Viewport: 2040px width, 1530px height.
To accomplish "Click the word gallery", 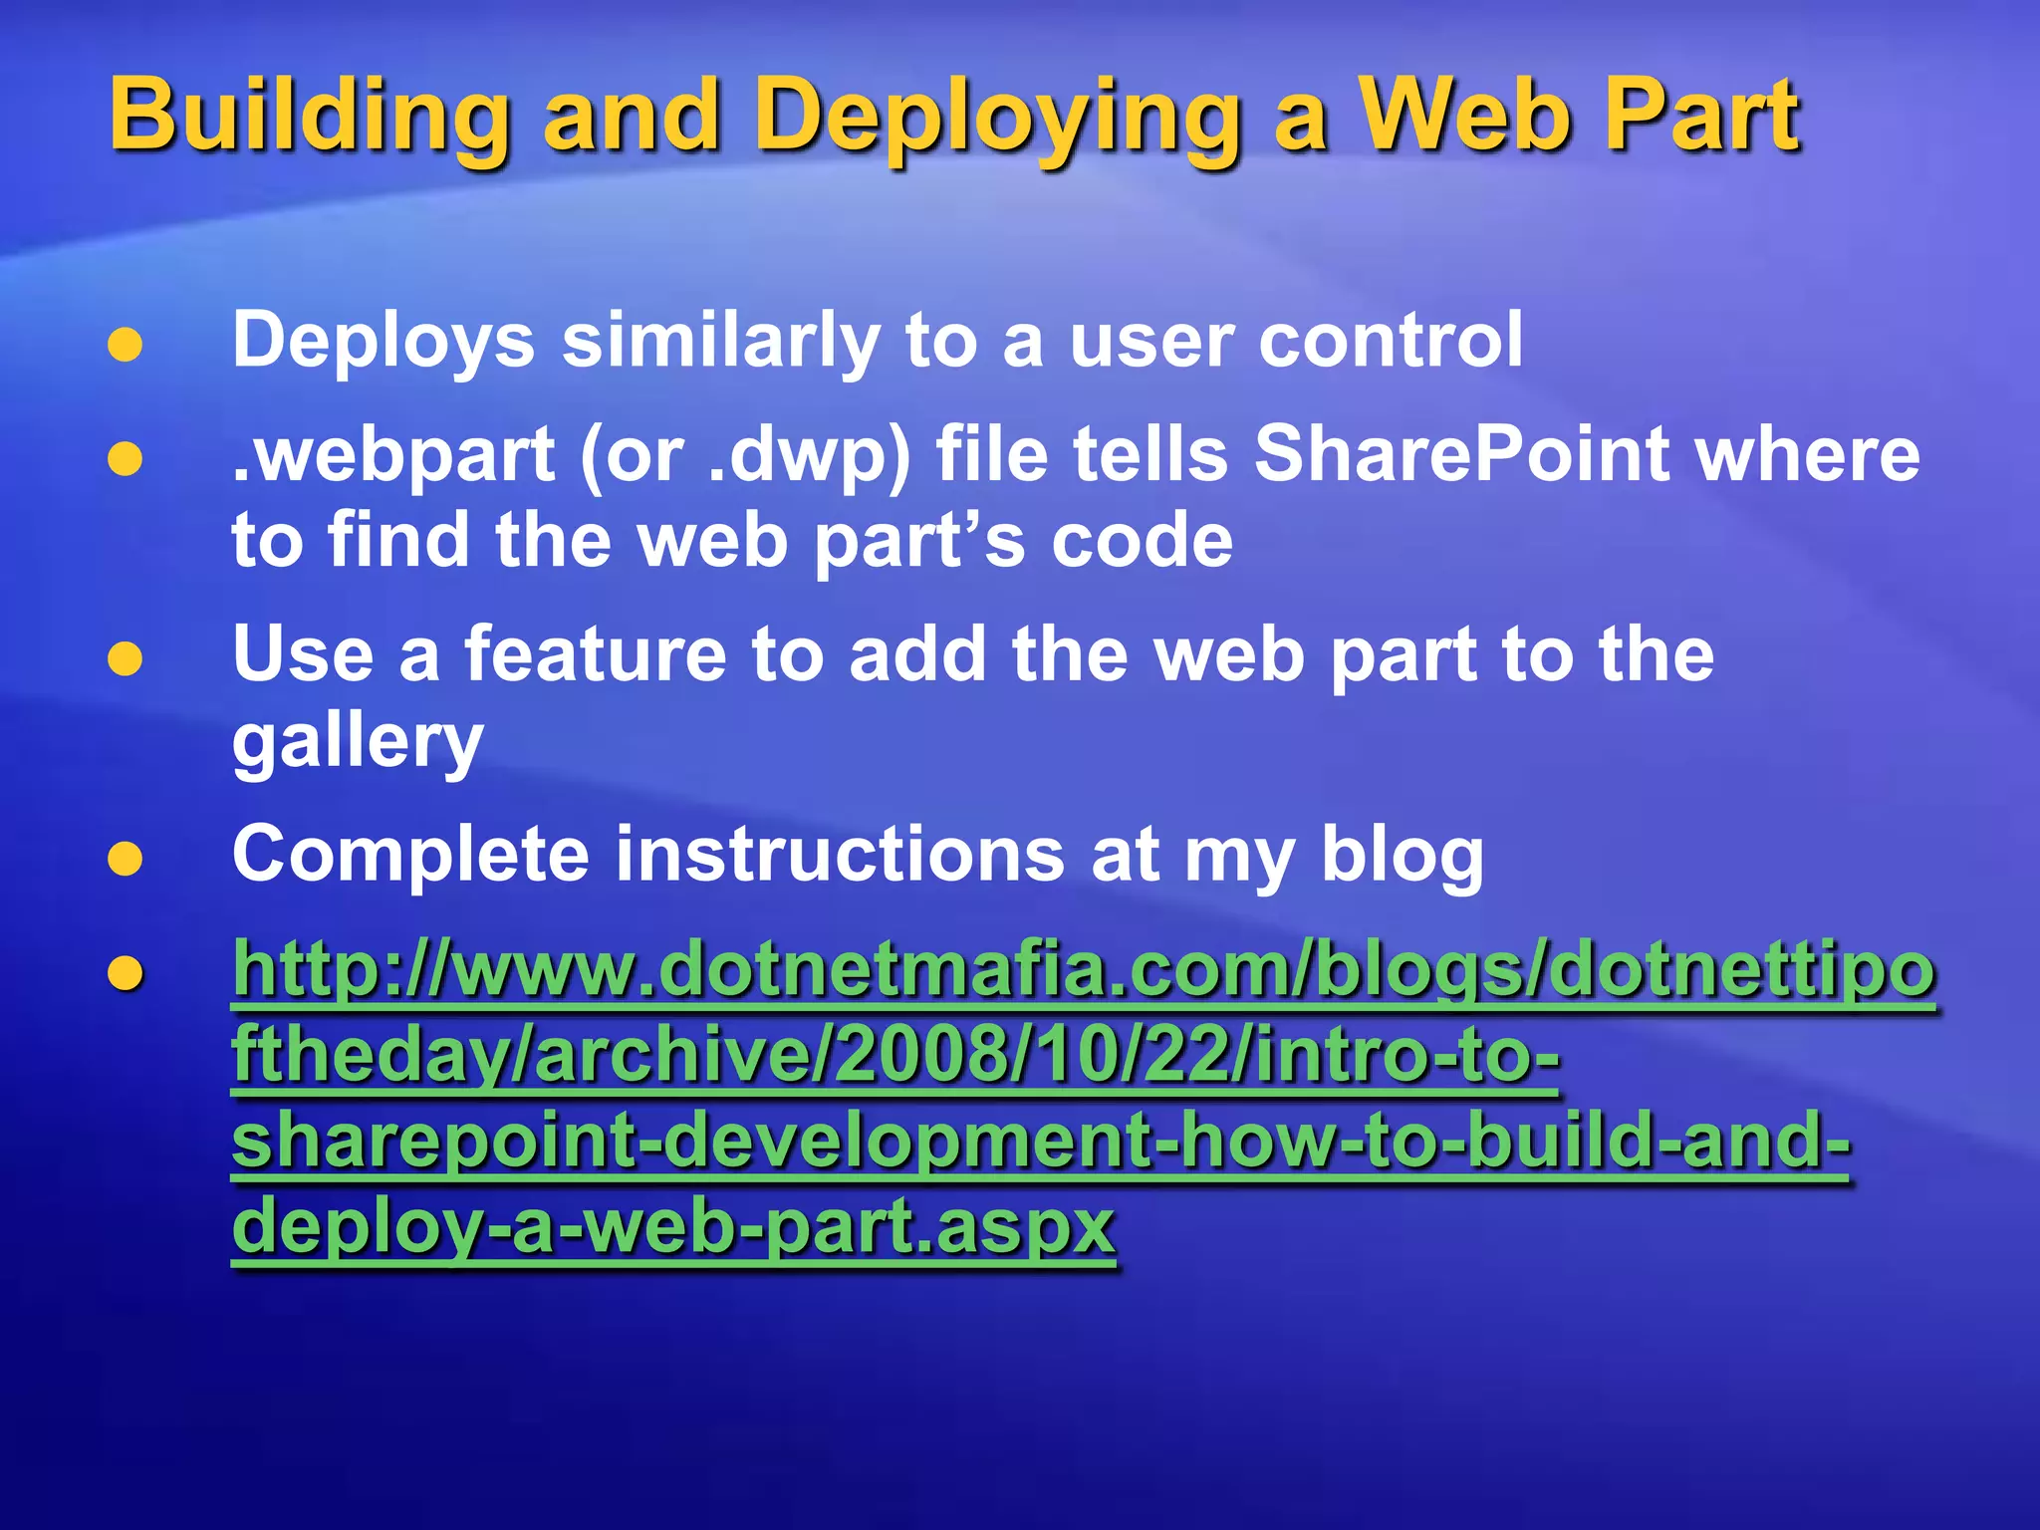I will point(358,742).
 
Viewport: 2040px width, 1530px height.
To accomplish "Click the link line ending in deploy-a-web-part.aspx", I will point(673,1227).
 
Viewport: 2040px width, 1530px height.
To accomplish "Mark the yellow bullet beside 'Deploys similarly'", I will point(126,345).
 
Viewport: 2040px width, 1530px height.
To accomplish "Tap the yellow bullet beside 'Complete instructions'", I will point(126,859).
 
